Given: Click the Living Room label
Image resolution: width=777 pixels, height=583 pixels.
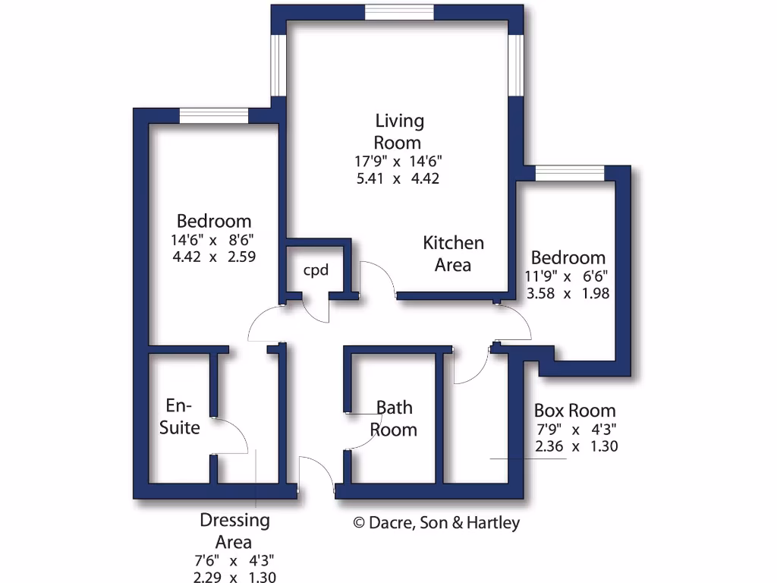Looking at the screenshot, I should tap(399, 131).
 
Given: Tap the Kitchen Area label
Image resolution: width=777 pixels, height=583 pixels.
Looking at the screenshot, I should tap(453, 254).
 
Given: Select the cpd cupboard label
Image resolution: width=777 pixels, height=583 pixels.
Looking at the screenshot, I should tap(316, 270).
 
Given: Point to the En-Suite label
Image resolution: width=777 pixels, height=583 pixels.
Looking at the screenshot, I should tap(180, 416).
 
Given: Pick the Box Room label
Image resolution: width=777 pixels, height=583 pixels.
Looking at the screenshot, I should tap(575, 411).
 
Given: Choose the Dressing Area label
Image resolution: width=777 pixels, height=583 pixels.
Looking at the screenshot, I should tap(234, 531).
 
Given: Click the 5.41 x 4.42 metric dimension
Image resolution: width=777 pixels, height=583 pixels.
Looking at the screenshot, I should tap(398, 179).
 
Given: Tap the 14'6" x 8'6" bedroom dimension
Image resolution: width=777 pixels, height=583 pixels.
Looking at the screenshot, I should tap(213, 240).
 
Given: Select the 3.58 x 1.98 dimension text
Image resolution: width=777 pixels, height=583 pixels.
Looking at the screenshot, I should tap(568, 293).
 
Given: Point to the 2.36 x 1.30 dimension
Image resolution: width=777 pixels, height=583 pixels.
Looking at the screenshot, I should tap(576, 446).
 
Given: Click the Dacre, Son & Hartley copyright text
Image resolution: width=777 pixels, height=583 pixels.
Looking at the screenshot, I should tap(437, 523).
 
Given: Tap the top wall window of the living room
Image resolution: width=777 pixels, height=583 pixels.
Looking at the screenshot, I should tap(399, 12).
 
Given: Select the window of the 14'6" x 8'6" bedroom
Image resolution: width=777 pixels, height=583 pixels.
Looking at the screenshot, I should tap(214, 115).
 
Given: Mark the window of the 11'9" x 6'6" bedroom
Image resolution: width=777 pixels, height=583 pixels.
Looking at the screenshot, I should tap(570, 173).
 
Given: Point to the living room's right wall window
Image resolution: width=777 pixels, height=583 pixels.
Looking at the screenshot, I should tap(516, 65).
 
